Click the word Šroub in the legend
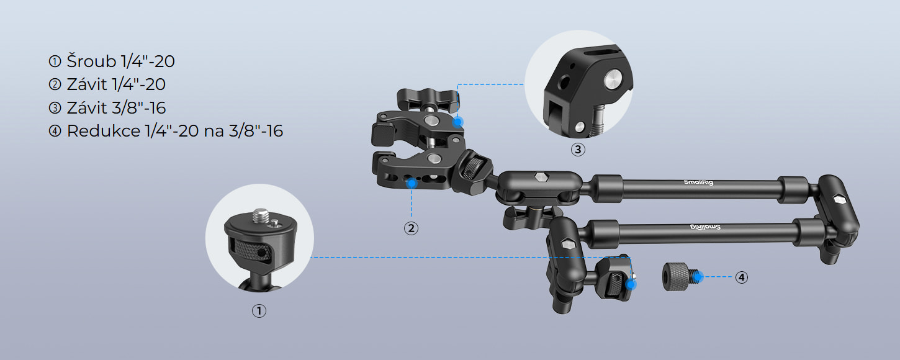click(x=92, y=61)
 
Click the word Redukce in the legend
click(x=103, y=131)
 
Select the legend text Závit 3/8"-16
click(x=116, y=107)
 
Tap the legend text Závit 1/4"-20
click(x=116, y=84)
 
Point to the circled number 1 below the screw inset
click(x=259, y=311)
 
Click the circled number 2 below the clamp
click(x=411, y=228)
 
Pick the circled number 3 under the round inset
click(x=578, y=150)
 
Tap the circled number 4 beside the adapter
click(x=741, y=277)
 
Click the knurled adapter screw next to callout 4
click(x=680, y=276)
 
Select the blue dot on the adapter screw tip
click(x=698, y=276)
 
